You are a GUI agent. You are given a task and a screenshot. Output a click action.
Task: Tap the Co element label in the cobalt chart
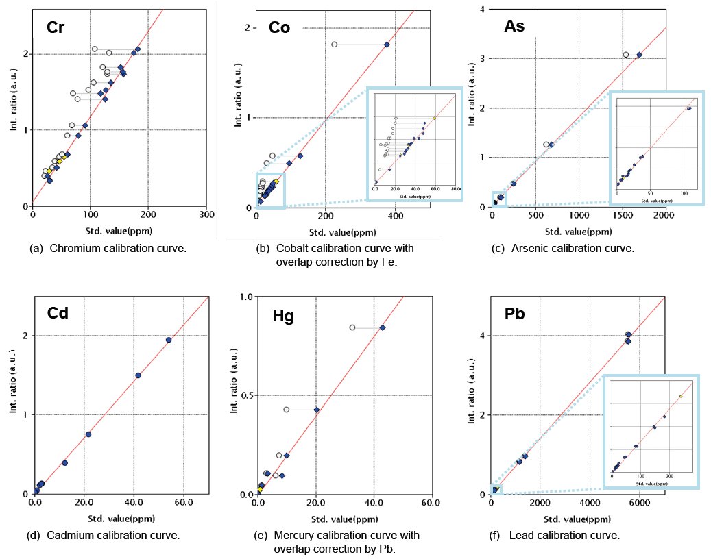(x=279, y=27)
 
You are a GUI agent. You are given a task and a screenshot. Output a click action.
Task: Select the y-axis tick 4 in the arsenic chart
(x=483, y=10)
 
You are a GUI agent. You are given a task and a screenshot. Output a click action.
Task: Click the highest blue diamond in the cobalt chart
(x=387, y=45)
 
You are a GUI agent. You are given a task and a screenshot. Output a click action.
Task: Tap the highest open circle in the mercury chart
(x=352, y=327)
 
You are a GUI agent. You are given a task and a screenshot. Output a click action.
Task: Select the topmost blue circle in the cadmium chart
(x=169, y=340)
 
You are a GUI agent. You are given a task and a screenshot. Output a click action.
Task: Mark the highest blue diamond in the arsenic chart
(x=639, y=55)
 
